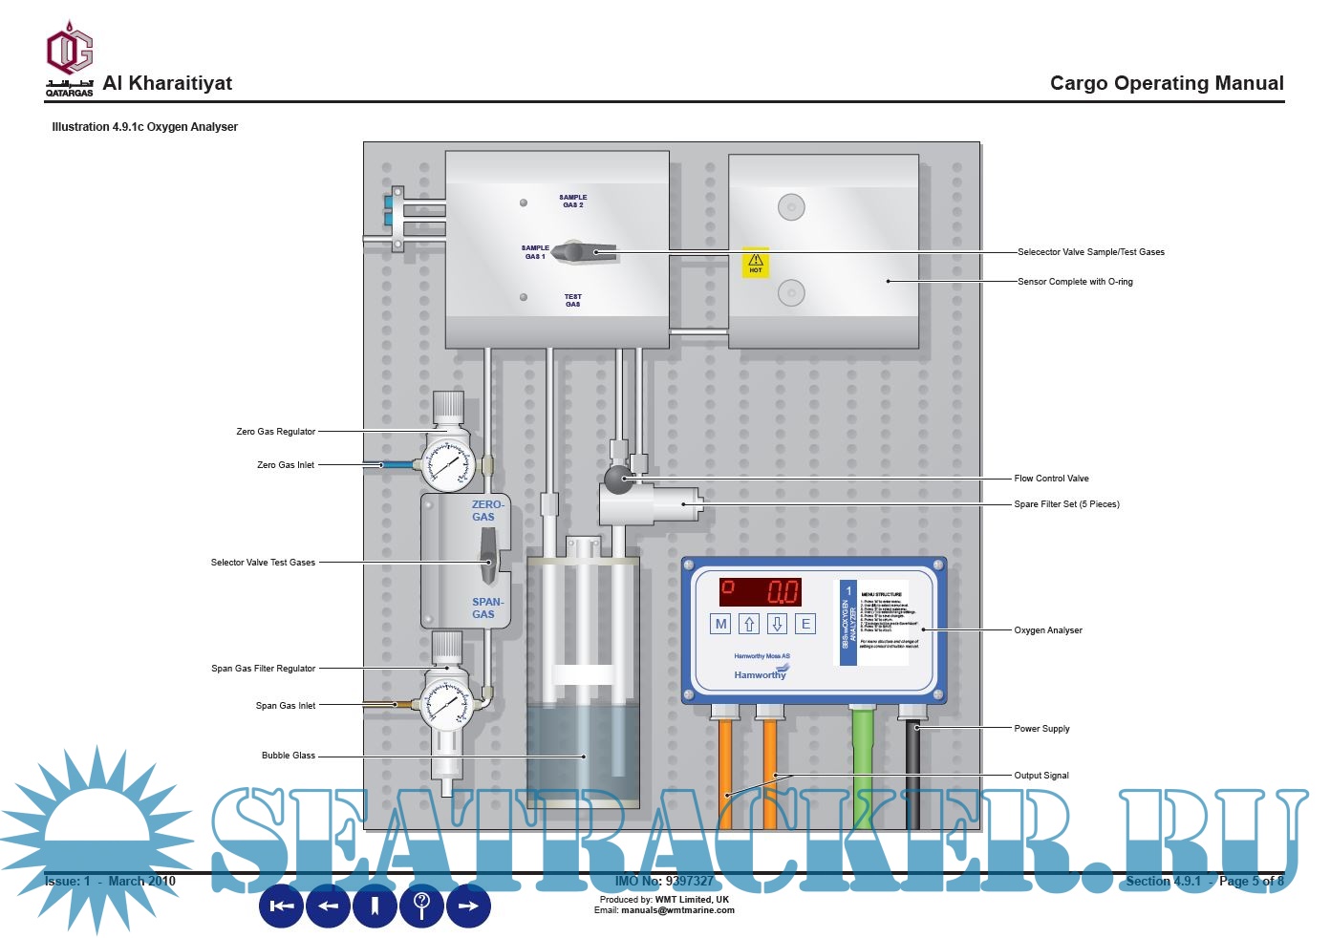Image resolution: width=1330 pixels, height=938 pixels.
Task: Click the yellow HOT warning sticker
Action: (x=756, y=264)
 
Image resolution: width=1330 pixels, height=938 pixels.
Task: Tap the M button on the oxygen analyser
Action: (x=721, y=624)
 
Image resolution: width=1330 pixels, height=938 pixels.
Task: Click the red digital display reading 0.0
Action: (x=761, y=591)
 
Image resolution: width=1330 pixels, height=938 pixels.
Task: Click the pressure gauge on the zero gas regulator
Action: (x=450, y=465)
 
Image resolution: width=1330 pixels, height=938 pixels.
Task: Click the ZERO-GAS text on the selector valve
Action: (x=486, y=511)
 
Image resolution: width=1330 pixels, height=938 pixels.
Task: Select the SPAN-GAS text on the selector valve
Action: (x=486, y=608)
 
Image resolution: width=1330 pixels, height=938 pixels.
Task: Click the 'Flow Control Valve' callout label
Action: (x=1051, y=479)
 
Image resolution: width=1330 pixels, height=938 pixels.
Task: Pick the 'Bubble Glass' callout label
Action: (x=289, y=756)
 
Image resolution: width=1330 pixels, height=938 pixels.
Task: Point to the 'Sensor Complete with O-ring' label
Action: (x=1075, y=282)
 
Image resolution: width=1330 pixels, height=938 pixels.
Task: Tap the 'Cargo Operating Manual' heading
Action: (x=1167, y=83)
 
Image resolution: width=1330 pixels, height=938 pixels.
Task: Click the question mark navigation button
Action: (x=422, y=906)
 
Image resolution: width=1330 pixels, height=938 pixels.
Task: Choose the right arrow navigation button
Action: (x=468, y=906)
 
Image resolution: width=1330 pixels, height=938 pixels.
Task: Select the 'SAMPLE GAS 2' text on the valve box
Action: (x=572, y=202)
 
